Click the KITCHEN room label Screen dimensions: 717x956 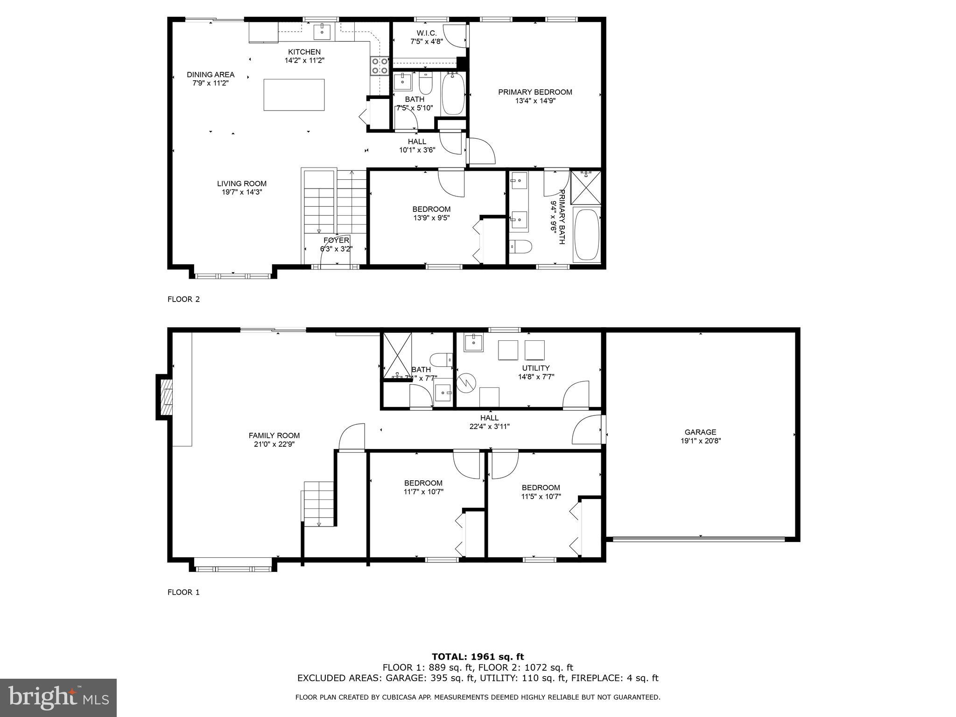pyautogui.click(x=304, y=52)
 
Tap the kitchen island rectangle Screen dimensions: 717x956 pyautogui.click(x=294, y=95)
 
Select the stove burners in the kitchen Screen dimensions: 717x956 pyautogui.click(x=380, y=66)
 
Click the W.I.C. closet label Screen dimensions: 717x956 pyautogui.click(x=426, y=33)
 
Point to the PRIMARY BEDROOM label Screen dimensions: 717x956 pyautogui.click(x=535, y=92)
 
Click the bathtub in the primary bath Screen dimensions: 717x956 pyautogui.click(x=586, y=235)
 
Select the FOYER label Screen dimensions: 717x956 pyautogui.click(x=336, y=240)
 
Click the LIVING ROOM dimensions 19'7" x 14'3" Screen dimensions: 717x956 pyautogui.click(x=242, y=192)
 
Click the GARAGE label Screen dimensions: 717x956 pyautogui.click(x=700, y=432)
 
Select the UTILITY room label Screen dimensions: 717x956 pyautogui.click(x=536, y=368)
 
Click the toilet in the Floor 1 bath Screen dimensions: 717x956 pyautogui.click(x=440, y=360)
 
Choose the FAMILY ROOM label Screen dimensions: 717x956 pyautogui.click(x=274, y=436)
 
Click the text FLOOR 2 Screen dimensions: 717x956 pyautogui.click(x=183, y=299)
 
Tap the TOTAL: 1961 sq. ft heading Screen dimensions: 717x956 pyautogui.click(x=478, y=657)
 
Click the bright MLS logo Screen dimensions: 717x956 pyautogui.click(x=58, y=697)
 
